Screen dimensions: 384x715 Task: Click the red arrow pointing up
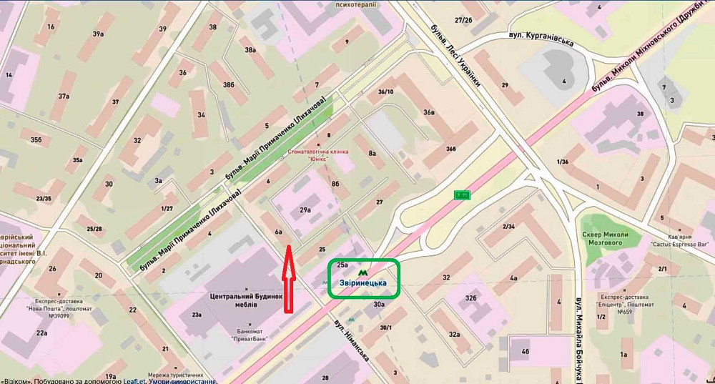coord(287,279)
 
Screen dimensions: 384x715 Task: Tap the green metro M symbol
coord(364,271)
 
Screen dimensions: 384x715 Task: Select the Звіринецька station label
coord(363,283)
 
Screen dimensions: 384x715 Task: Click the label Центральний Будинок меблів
coord(238,300)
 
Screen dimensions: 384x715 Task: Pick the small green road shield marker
coord(463,195)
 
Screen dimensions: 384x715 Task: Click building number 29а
coord(305,210)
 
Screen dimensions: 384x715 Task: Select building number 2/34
coord(509,227)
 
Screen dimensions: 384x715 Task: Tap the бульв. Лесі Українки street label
coord(455,55)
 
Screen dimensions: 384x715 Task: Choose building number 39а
coord(98,33)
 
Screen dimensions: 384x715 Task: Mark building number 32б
coord(471,297)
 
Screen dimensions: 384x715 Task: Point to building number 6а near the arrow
coord(279,231)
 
